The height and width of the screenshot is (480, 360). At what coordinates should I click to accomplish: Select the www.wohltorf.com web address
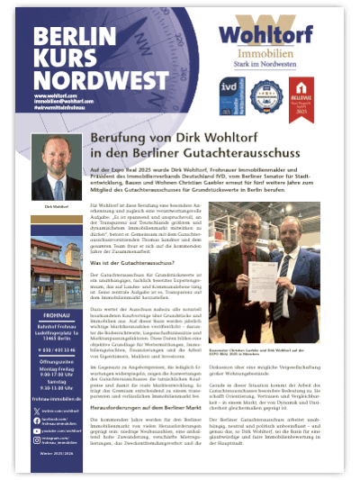tap(54, 94)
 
